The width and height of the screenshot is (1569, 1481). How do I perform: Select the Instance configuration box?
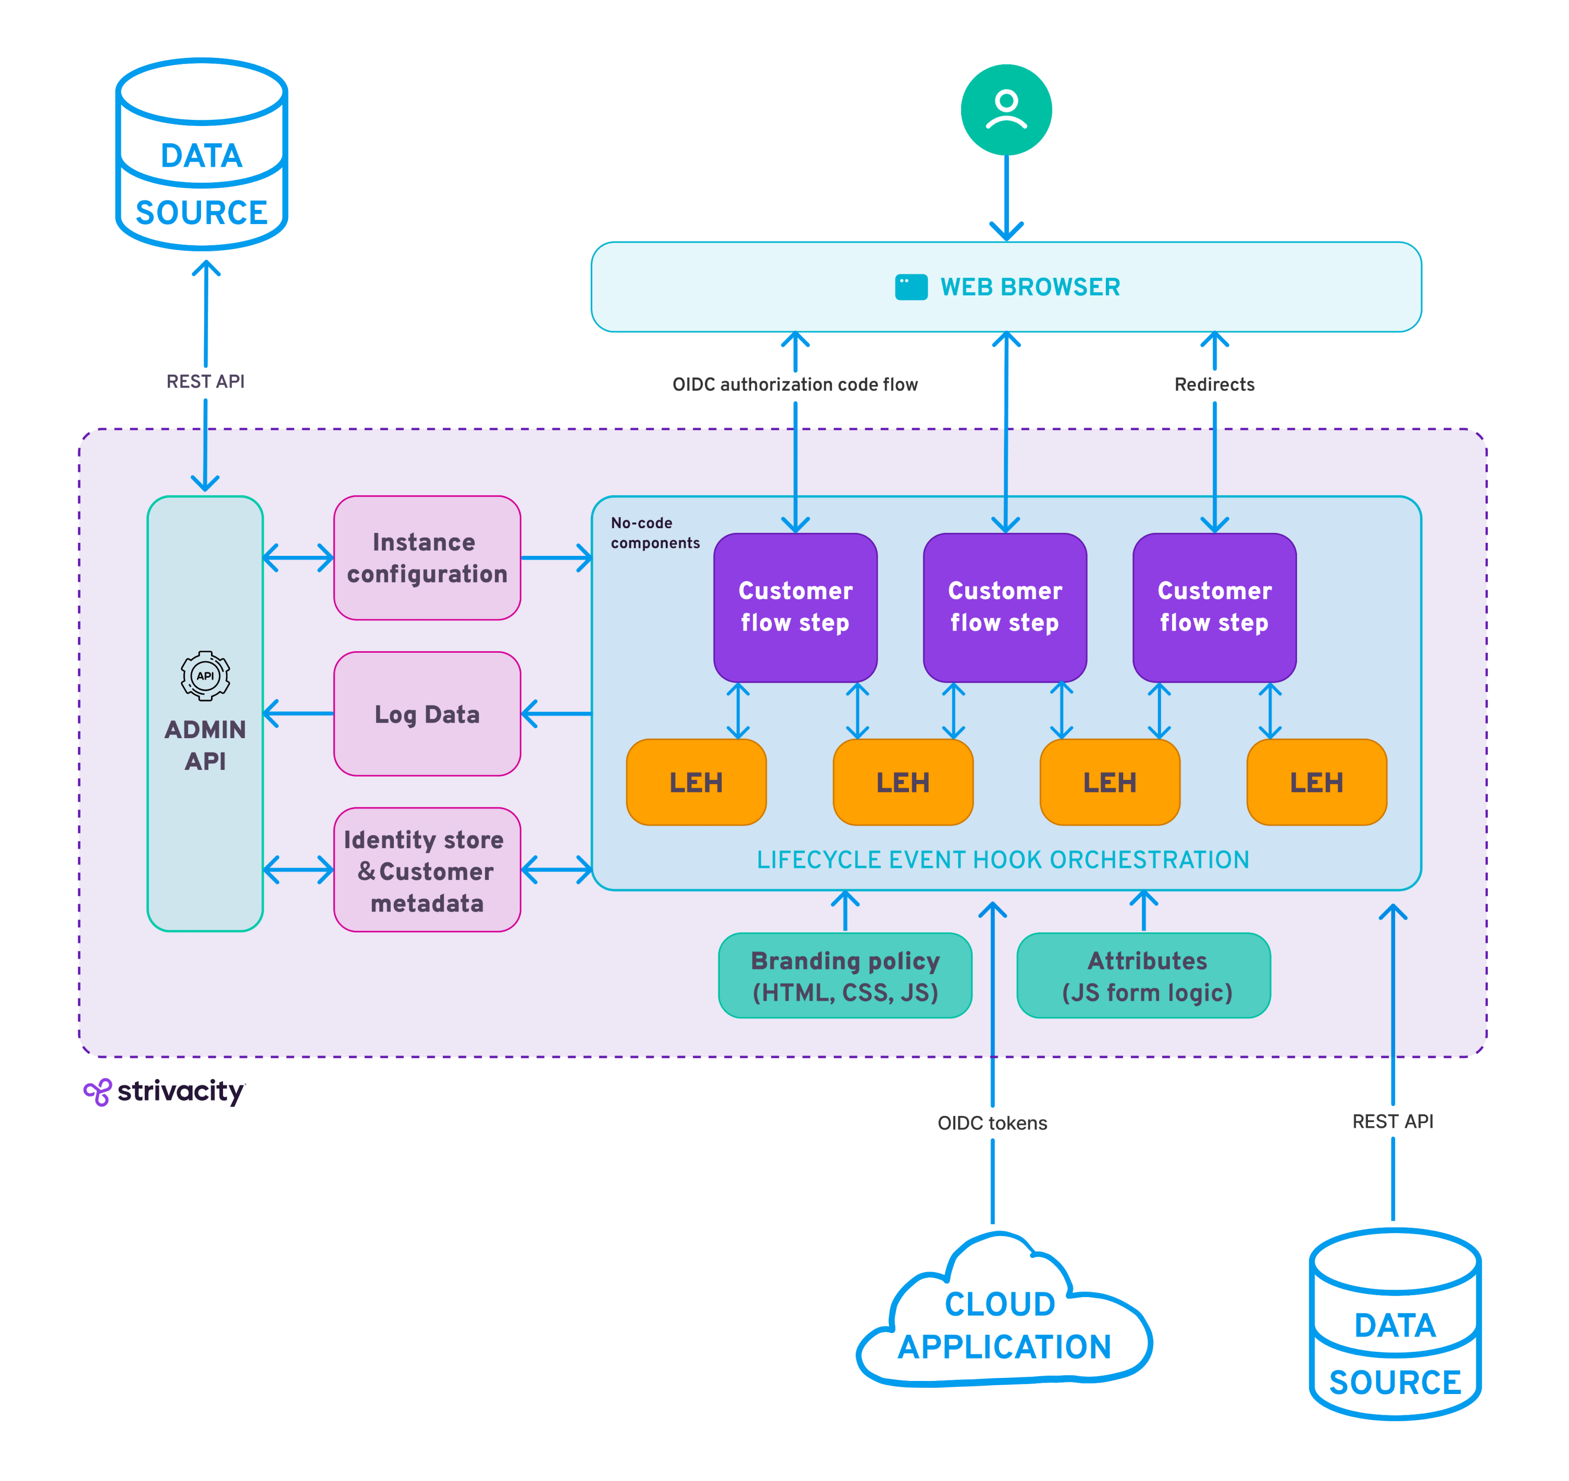pyautogui.click(x=427, y=557)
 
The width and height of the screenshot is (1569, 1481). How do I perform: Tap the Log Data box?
pyautogui.click(x=427, y=714)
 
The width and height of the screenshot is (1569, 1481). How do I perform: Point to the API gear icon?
pyautogui.click(x=205, y=676)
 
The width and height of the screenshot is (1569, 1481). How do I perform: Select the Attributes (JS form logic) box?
pyautogui.click(x=1143, y=976)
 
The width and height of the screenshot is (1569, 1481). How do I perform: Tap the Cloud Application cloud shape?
pyautogui.click(x=1003, y=1326)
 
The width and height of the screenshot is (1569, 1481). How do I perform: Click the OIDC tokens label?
pyautogui.click(x=992, y=1123)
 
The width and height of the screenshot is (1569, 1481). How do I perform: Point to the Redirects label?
pyautogui.click(x=1214, y=384)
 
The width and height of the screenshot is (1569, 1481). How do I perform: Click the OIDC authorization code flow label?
pyautogui.click(x=795, y=384)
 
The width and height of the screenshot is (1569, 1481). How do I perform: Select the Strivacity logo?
pyautogui.click(x=165, y=1092)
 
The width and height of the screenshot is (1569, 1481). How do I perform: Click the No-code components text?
pyautogui.click(x=654, y=533)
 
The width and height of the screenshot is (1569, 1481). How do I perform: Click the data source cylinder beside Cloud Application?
pyautogui.click(x=1394, y=1325)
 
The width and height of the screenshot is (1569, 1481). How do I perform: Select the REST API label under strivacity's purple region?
pyautogui.click(x=1392, y=1121)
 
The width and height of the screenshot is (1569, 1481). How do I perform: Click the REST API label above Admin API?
pyautogui.click(x=205, y=381)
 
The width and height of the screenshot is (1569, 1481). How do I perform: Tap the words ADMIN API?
pyautogui.click(x=205, y=744)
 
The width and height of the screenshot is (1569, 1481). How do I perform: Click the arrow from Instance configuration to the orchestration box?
pyautogui.click(x=556, y=557)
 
